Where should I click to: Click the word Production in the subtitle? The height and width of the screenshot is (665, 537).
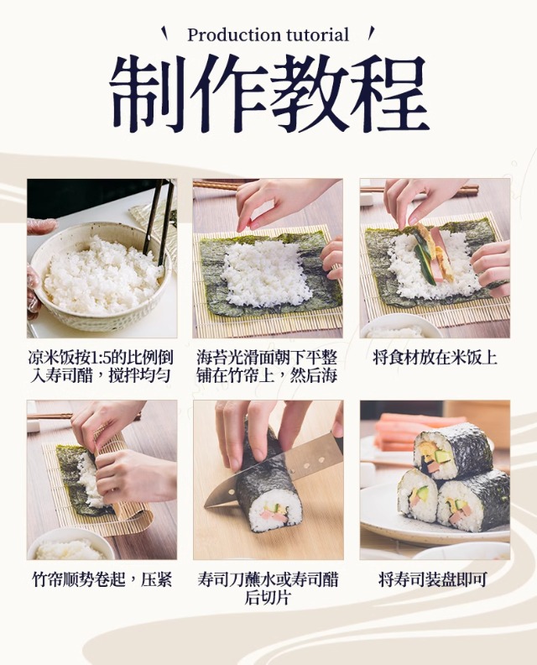[235, 35]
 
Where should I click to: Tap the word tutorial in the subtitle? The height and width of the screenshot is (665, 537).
[318, 34]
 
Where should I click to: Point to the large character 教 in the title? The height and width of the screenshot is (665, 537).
[309, 93]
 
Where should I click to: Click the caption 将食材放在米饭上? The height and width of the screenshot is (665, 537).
[435, 358]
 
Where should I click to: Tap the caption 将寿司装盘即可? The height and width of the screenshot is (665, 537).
[433, 579]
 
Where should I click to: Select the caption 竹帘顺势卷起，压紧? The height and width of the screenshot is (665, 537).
[102, 579]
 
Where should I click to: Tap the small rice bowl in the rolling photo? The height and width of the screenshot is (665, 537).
[70, 545]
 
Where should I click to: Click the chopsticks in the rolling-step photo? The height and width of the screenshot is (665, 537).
[51, 416]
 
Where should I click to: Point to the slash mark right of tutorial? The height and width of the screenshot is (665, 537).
[371, 32]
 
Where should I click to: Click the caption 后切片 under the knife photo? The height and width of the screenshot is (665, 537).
[268, 598]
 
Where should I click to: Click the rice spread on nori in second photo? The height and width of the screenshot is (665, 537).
[266, 271]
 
